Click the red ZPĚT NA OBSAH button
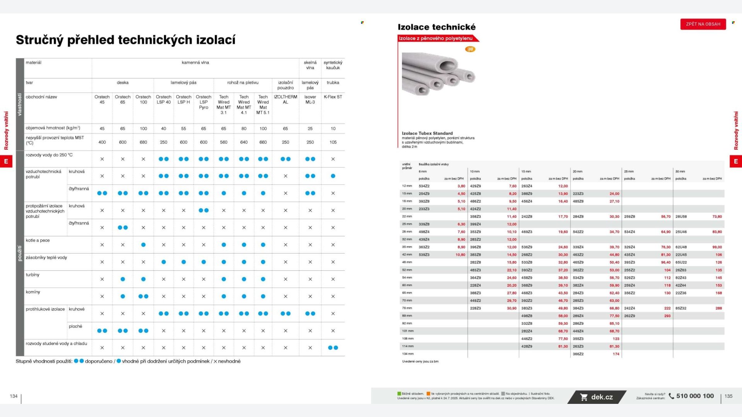click(703, 24)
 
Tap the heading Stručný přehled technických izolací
click(126, 40)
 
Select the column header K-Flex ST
click(333, 97)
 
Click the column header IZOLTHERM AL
click(285, 99)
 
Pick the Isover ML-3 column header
click(310, 99)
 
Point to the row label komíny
click(33, 292)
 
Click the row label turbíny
click(32, 275)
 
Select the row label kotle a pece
click(37, 240)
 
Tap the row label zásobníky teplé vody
click(46, 258)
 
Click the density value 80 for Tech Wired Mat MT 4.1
click(244, 129)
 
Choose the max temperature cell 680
click(143, 142)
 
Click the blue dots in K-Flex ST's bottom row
click(333, 347)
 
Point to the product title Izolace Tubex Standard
click(427, 133)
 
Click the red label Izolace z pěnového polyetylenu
click(436, 38)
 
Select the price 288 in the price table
click(718, 308)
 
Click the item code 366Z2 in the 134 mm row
click(578, 354)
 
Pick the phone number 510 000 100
click(695, 396)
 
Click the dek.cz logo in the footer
click(597, 397)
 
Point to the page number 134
click(14, 396)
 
